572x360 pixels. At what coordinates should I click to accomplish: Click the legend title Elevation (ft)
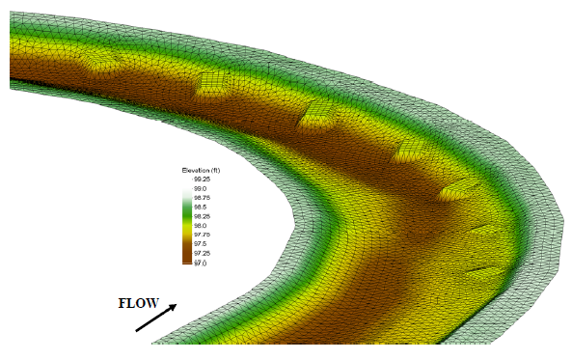pyautogui.click(x=201, y=171)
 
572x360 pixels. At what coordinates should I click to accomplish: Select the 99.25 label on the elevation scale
pyautogui.click(x=202, y=180)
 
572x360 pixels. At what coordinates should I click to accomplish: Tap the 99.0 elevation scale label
pyautogui.click(x=200, y=189)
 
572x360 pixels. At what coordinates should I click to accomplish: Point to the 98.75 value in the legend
pyautogui.click(x=202, y=198)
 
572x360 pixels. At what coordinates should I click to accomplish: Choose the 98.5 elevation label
pyautogui.click(x=200, y=207)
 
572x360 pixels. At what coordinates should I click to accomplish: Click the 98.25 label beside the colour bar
pyautogui.click(x=202, y=216)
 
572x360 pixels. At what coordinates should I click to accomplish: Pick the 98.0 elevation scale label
pyautogui.click(x=200, y=226)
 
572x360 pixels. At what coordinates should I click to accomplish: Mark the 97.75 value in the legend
pyautogui.click(x=202, y=235)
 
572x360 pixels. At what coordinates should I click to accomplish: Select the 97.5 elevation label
pyautogui.click(x=200, y=244)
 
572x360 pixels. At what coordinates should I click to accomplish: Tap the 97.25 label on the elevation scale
pyautogui.click(x=202, y=254)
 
